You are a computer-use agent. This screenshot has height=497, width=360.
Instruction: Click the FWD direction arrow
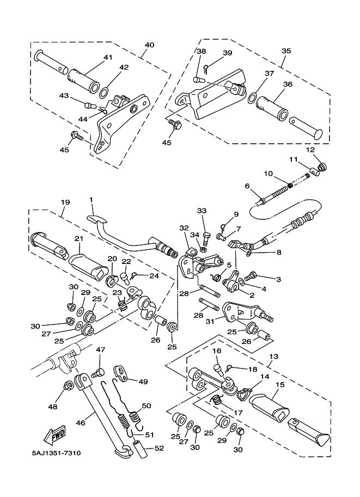pos(56,434)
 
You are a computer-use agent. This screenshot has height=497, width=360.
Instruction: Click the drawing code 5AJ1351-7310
pos(56,453)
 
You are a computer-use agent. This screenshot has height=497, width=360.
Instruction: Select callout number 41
pos(108,58)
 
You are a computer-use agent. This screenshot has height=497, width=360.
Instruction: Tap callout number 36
pos(288,84)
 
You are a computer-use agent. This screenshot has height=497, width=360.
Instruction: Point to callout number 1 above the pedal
pos(91,200)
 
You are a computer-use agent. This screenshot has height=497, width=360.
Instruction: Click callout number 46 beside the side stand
pos(81,422)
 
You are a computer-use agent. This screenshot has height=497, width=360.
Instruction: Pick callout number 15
pos(280,384)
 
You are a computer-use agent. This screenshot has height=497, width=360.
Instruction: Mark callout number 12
pos(310,149)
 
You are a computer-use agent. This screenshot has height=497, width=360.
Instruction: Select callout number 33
pos(202,211)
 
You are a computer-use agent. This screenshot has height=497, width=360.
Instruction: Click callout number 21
pos(78,238)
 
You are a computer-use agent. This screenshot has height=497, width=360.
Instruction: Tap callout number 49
pos(143,382)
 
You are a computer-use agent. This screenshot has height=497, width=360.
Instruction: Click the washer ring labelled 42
pos(103,94)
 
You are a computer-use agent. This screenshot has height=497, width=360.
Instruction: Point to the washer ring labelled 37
pos(251,97)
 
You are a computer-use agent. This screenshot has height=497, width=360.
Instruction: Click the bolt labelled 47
pos(97,372)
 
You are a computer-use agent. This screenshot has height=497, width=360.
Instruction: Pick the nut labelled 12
pos(322,167)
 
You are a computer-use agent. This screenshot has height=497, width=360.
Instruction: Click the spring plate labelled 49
pos(120,372)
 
